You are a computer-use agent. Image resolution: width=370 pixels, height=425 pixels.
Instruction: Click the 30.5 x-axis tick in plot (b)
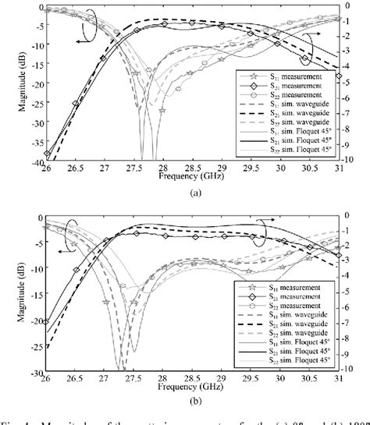point(308,380)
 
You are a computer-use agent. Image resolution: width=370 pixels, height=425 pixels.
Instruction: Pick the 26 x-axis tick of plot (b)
point(46,380)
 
